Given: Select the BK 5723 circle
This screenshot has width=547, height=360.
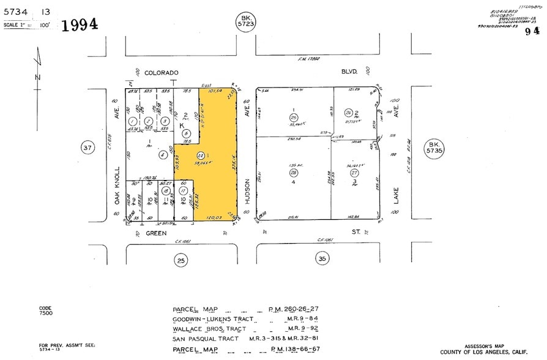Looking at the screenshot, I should (x=246, y=21).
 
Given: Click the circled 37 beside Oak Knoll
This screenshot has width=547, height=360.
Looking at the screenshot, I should (x=88, y=148).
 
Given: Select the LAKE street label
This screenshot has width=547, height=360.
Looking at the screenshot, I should (x=396, y=195).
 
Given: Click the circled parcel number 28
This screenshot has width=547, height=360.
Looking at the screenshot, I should (x=294, y=173).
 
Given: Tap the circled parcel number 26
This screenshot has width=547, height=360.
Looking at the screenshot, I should (x=349, y=113).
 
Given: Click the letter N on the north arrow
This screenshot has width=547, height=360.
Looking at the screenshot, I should (x=37, y=77).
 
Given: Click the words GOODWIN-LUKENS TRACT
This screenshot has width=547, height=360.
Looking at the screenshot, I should (x=210, y=319).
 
